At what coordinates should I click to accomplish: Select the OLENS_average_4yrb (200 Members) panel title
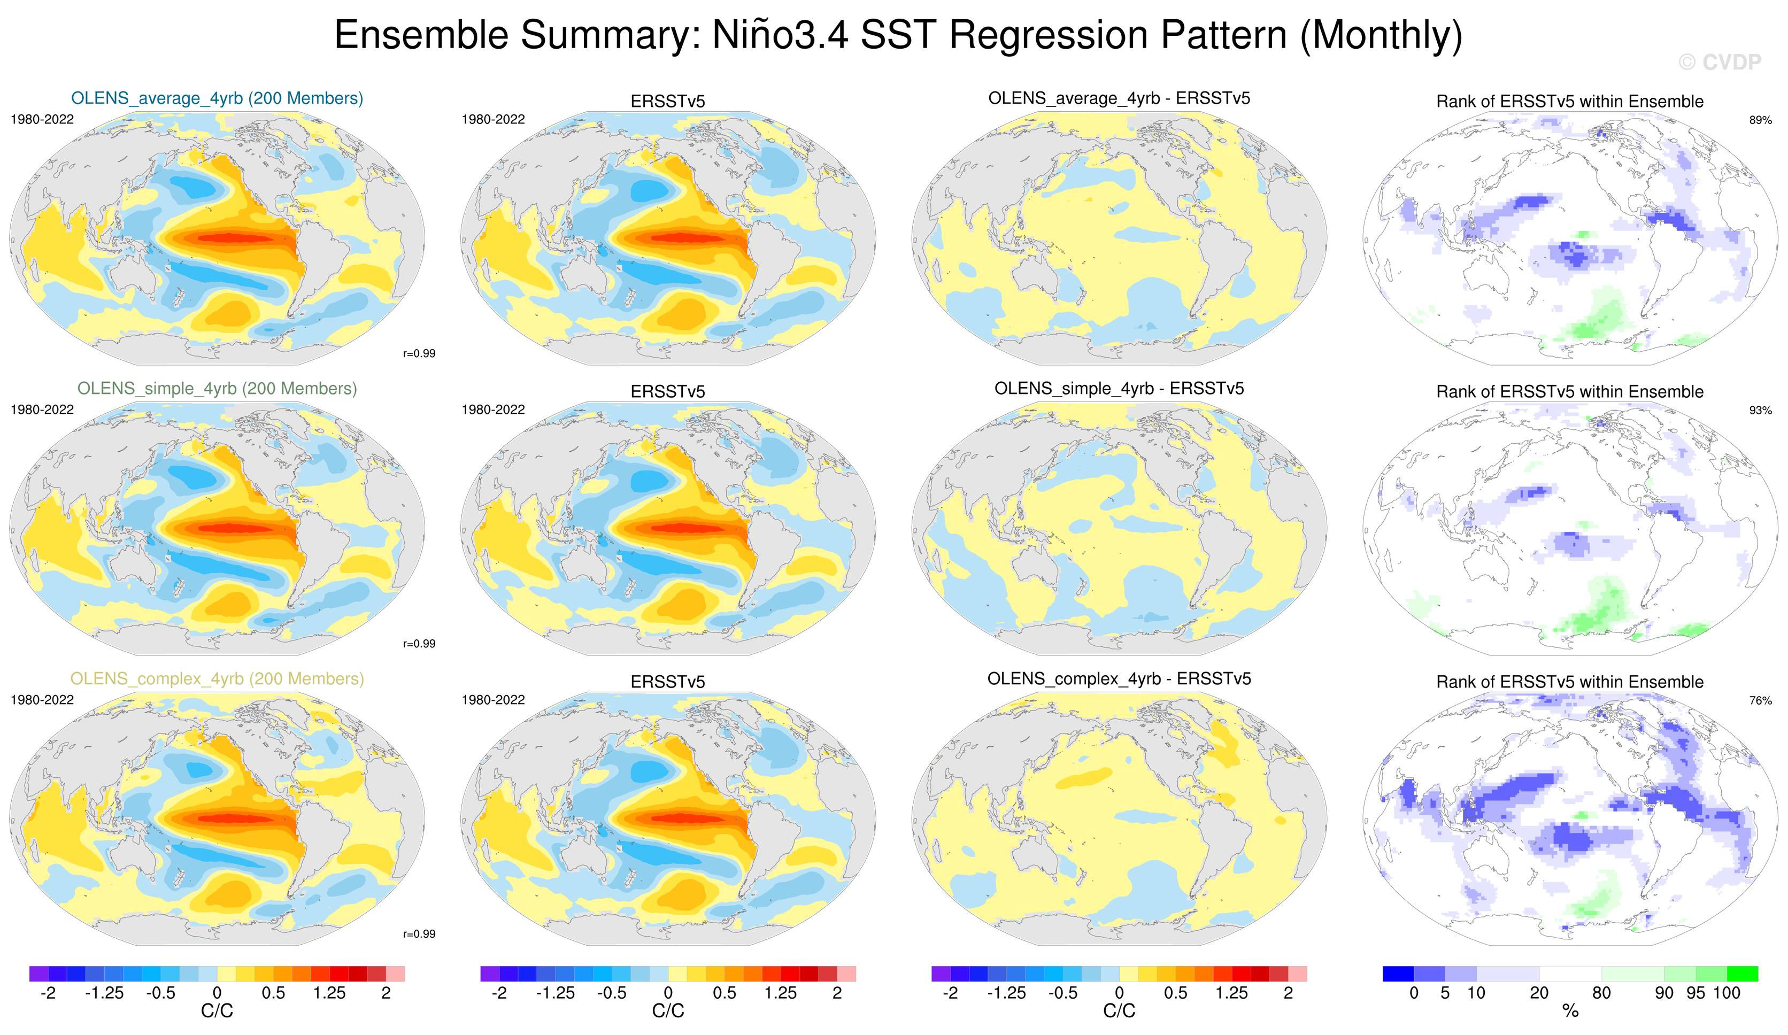(217, 98)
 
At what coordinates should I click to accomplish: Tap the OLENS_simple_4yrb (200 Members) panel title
(217, 388)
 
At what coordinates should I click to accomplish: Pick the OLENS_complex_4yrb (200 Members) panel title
(217, 678)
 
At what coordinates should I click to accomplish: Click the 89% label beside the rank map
(1760, 120)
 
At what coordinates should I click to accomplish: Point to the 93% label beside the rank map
(1760, 410)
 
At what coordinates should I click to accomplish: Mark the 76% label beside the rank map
(1760, 700)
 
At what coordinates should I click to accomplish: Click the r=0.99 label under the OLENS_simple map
(419, 644)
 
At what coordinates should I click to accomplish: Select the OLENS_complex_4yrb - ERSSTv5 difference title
(1119, 678)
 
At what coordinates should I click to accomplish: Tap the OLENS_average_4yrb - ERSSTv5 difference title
(1119, 98)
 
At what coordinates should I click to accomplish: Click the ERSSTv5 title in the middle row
(668, 391)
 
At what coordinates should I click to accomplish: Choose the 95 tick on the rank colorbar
(1695, 992)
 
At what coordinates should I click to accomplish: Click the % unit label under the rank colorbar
(1570, 1011)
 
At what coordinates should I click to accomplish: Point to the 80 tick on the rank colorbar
(1601, 992)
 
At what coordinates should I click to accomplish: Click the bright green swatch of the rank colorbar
(1743, 974)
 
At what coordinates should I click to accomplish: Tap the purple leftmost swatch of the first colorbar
(38, 974)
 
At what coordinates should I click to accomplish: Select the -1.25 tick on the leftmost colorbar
(104, 992)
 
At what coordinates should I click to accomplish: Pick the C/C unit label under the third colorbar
(1119, 1011)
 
